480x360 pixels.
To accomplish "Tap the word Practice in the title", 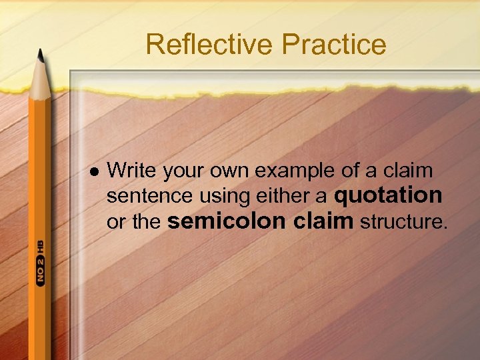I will point(334,45).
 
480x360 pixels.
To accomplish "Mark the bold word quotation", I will point(388,195).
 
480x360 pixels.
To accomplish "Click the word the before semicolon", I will point(146,222).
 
